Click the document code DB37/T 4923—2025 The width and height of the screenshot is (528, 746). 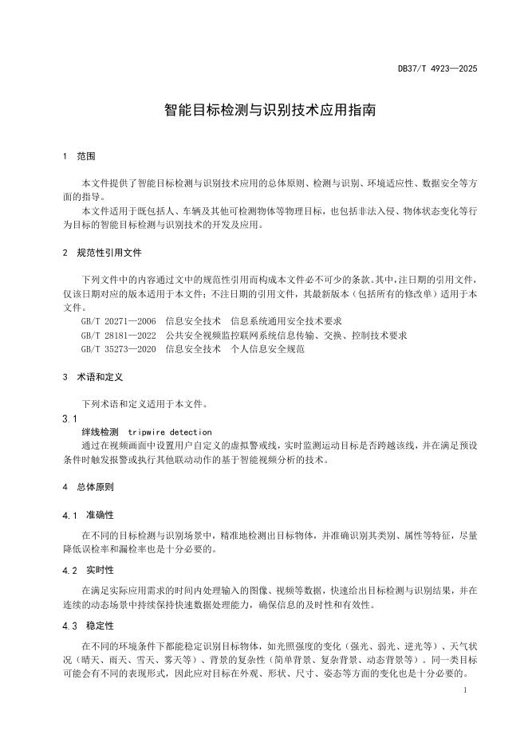point(438,69)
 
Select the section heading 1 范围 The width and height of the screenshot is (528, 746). point(79,156)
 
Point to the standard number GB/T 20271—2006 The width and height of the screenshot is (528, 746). point(118,322)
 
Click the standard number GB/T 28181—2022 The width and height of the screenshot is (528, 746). point(118,336)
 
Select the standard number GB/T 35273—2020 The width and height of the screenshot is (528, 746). point(118,349)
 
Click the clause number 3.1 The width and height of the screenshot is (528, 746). point(69,418)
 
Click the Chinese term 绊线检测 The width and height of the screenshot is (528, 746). point(100,431)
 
